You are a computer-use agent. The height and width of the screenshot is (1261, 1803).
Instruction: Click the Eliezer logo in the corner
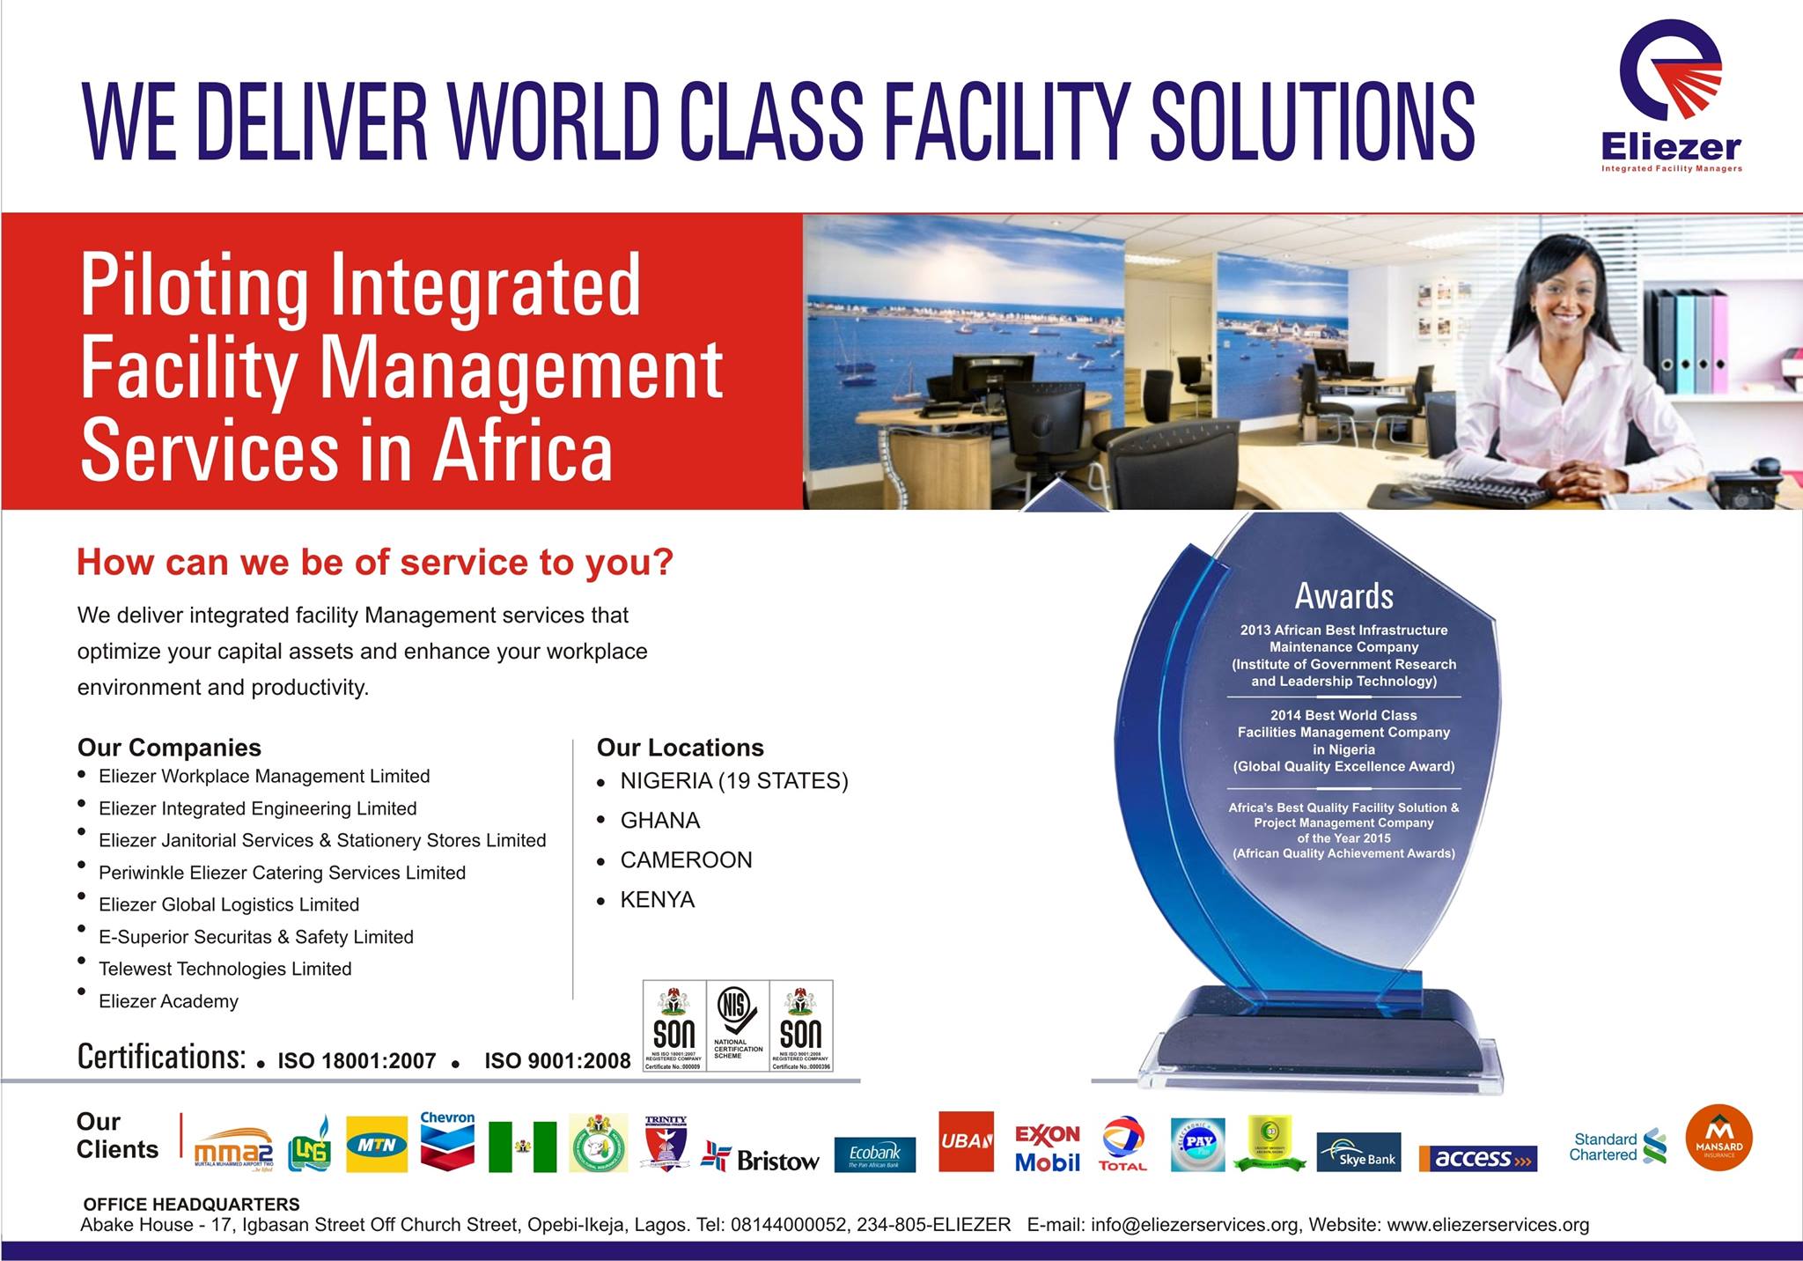[x=1671, y=97]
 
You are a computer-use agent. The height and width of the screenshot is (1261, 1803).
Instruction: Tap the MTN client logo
[x=377, y=1145]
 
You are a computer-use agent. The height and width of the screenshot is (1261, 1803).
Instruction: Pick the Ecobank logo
[x=874, y=1154]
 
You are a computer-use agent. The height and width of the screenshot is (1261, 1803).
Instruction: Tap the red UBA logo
[x=966, y=1141]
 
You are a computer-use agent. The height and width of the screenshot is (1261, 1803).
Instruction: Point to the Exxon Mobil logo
[x=1047, y=1148]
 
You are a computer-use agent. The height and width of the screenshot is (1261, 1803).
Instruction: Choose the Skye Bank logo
[x=1358, y=1153]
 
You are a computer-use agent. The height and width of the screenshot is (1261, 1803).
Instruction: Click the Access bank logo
[x=1478, y=1158]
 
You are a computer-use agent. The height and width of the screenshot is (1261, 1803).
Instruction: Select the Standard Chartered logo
[x=1617, y=1147]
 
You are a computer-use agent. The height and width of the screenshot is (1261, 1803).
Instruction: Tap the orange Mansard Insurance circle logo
[x=1718, y=1138]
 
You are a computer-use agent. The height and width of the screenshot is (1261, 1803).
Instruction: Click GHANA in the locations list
[x=660, y=821]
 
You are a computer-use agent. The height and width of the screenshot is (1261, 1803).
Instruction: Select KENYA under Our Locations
[x=658, y=900]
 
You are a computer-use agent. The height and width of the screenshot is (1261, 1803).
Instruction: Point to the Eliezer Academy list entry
[x=168, y=1001]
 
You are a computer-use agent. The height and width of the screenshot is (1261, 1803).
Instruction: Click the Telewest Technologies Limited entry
[x=224, y=969]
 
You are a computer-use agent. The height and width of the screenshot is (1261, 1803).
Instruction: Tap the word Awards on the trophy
[x=1343, y=596]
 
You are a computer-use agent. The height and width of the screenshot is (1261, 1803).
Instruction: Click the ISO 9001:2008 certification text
[x=557, y=1061]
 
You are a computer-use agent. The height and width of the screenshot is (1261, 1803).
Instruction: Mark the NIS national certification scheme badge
[x=737, y=1025]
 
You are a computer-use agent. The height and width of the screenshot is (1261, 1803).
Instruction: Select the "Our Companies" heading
[x=169, y=748]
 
